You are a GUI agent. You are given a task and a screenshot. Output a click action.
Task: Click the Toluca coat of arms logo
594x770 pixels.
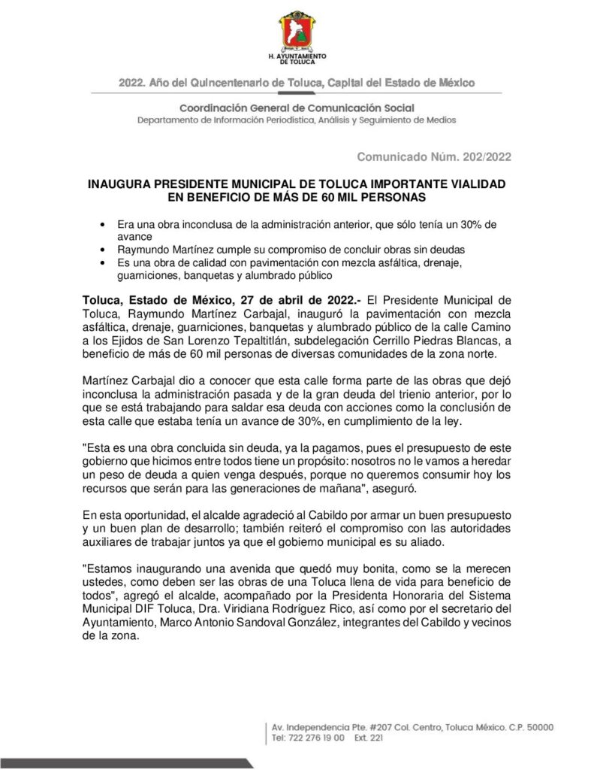pos(297,31)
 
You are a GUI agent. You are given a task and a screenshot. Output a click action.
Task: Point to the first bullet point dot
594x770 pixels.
pos(101,225)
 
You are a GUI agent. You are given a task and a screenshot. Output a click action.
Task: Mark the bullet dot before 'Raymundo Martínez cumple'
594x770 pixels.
pos(101,249)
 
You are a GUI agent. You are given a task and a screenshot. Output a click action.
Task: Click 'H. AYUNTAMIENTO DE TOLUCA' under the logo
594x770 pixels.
pos(297,61)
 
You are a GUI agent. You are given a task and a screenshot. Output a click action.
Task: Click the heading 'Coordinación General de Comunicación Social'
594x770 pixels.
pos(297,108)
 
